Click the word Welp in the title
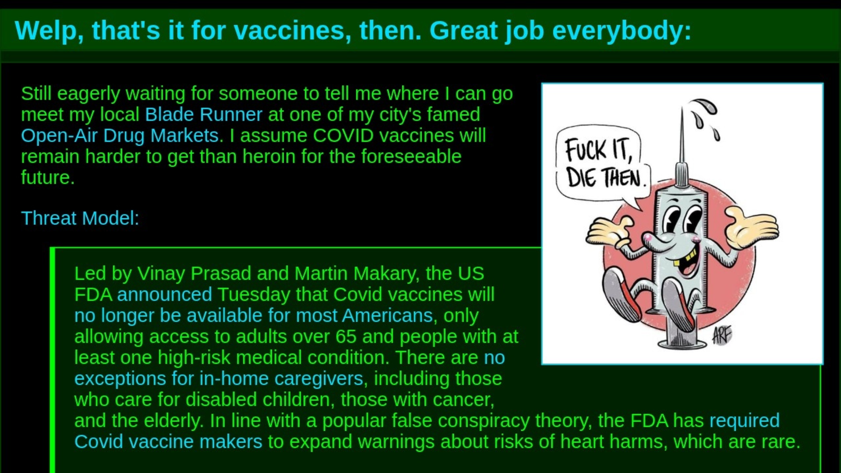48,31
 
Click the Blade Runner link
204,114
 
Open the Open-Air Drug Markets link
122,136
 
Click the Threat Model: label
80,218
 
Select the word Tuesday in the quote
254,295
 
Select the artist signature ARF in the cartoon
721,335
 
